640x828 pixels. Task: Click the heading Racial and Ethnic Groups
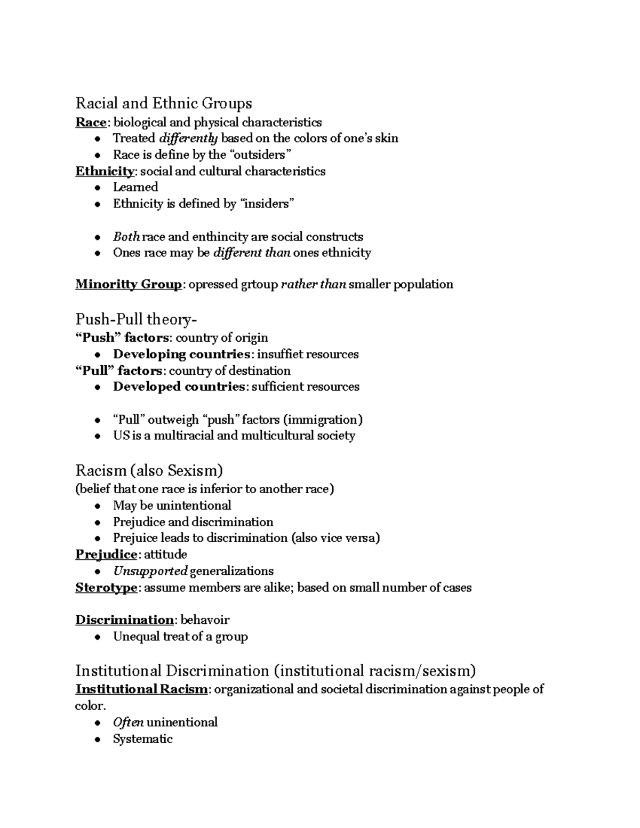tap(164, 103)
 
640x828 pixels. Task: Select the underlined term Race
tap(91, 123)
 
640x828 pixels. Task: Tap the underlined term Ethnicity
tap(105, 171)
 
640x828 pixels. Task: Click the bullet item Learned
tap(135, 187)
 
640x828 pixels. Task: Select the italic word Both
tap(126, 237)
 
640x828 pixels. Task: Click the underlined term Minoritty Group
tap(128, 284)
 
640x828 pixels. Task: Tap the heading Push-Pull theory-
tap(136, 319)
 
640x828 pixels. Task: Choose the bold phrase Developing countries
tap(181, 355)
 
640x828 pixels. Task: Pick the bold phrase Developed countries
tap(179, 387)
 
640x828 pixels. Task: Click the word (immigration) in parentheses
tap(323, 420)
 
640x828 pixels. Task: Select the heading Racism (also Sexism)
tap(149, 470)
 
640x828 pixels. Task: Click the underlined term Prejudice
tap(106, 554)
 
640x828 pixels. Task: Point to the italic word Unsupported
tap(150, 571)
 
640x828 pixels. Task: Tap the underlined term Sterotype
tap(107, 588)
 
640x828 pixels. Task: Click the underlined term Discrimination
tap(124, 620)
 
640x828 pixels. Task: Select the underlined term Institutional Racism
tap(141, 689)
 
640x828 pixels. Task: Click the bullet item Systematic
tap(143, 739)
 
